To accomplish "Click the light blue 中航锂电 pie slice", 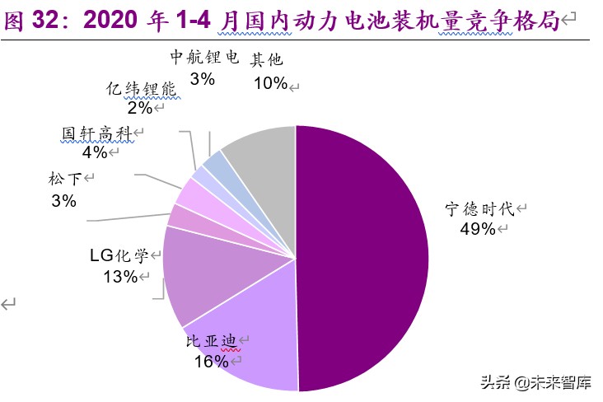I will [x=214, y=166].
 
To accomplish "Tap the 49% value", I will [x=479, y=229].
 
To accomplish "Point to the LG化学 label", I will [x=118, y=255].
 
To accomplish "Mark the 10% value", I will [x=270, y=82].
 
